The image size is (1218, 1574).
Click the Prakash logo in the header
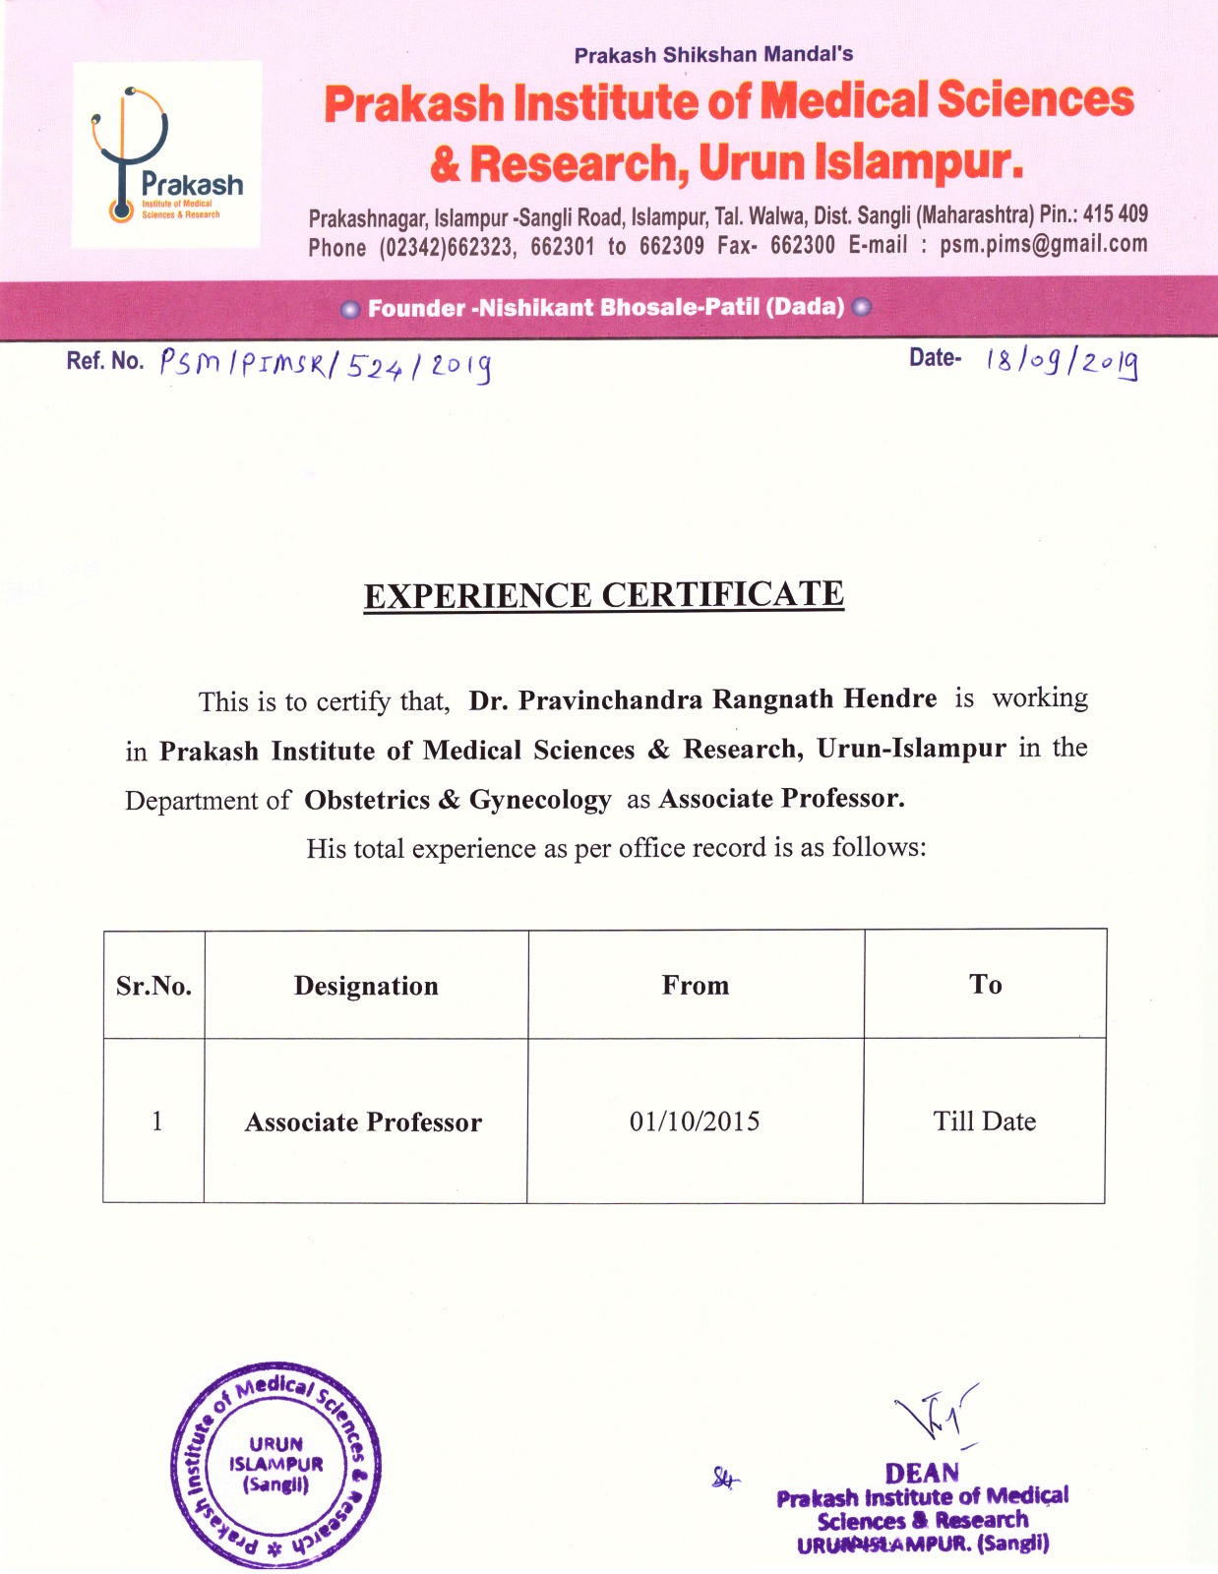click(166, 154)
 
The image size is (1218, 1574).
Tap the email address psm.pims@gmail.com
click(1043, 244)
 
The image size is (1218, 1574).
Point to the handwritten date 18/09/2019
click(1062, 363)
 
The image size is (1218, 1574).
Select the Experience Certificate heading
click(604, 595)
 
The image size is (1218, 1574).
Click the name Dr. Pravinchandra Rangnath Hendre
click(702, 699)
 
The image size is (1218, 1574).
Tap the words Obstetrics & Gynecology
click(457, 800)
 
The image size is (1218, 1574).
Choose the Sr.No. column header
click(153, 986)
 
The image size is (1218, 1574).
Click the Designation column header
click(366, 986)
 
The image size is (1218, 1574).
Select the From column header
click(696, 985)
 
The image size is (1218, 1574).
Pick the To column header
click(985, 984)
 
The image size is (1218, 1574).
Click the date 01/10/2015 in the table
click(695, 1121)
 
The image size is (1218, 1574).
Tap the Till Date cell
click(984, 1121)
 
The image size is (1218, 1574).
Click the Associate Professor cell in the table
click(363, 1122)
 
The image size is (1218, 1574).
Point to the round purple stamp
click(276, 1465)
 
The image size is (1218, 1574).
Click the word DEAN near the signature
click(922, 1473)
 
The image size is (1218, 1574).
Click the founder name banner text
click(606, 308)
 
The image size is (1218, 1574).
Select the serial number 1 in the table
click(156, 1121)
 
